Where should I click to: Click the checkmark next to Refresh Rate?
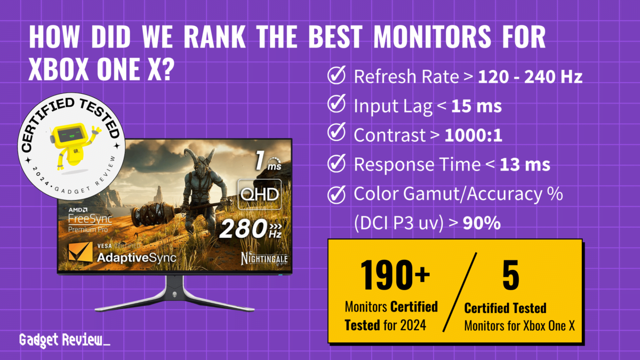point(336,77)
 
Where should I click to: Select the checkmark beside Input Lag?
point(336,106)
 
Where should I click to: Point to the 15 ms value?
point(476,106)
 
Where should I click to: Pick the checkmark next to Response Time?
point(336,164)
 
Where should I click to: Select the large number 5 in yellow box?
point(510,275)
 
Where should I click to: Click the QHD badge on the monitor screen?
point(260,194)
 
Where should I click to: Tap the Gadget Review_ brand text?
point(65,340)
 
